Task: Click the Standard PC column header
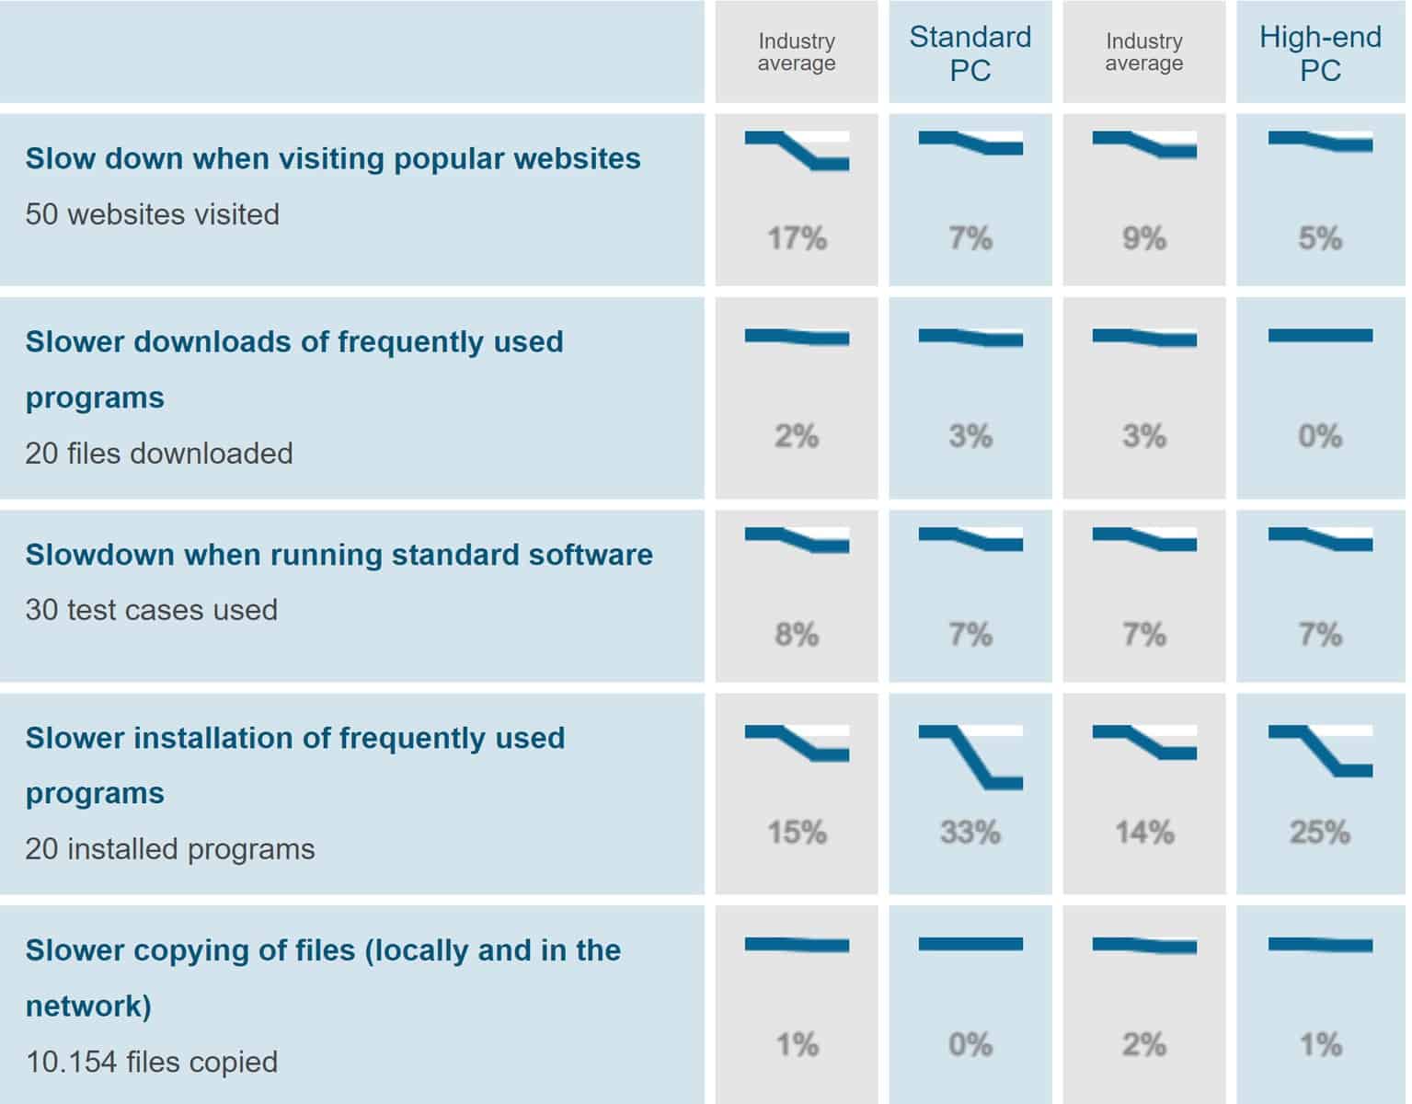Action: click(x=970, y=53)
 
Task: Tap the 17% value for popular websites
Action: click(x=797, y=239)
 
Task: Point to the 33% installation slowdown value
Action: click(x=970, y=833)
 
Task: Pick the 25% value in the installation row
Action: click(x=1319, y=833)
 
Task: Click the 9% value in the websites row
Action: click(x=1143, y=239)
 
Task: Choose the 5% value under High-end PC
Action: click(x=1319, y=239)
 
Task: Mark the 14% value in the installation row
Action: click(x=1143, y=833)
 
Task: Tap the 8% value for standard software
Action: click(x=797, y=635)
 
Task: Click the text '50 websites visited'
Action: click(x=152, y=214)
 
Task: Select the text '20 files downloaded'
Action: click(x=158, y=454)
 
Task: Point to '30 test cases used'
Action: click(x=151, y=610)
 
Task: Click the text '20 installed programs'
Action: click(x=169, y=849)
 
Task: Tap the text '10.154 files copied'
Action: click(x=151, y=1062)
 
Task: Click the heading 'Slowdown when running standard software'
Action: click(x=339, y=555)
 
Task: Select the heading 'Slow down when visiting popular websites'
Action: click(x=332, y=158)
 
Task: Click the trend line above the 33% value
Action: click(x=970, y=756)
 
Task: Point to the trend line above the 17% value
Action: click(x=797, y=150)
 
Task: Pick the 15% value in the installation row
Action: click(x=797, y=833)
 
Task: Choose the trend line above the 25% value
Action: click(x=1320, y=750)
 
